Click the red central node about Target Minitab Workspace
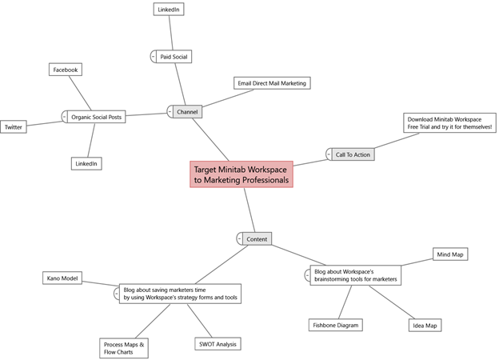tap(242, 174)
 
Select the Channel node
tap(187, 112)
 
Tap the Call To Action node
tap(353, 154)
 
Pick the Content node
tap(257, 238)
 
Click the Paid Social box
tap(174, 56)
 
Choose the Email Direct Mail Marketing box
tap(272, 83)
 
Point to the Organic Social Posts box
tap(97, 117)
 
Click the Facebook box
tap(66, 70)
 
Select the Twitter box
tap(14, 127)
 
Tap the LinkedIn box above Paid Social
tap(169, 10)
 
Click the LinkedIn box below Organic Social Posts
tap(86, 164)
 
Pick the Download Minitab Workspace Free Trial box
tap(449, 123)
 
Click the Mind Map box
tap(450, 254)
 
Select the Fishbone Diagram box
tap(336, 325)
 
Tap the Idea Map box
tap(425, 326)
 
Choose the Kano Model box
tap(62, 278)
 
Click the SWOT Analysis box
tap(218, 344)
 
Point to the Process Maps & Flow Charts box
tap(124, 348)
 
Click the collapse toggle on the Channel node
tap(170, 112)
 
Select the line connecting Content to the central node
tap(249, 210)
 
